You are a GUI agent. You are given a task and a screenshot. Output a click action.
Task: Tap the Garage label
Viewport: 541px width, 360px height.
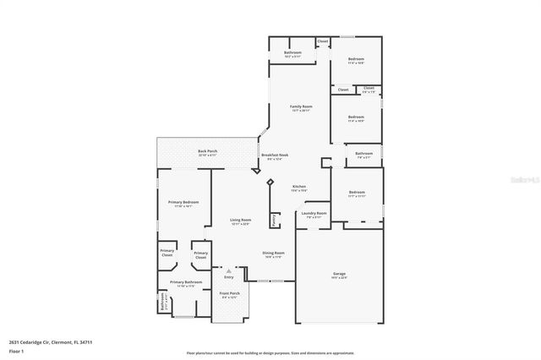click(x=338, y=275)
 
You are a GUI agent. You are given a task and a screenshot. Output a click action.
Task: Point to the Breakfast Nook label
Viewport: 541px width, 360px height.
click(x=276, y=156)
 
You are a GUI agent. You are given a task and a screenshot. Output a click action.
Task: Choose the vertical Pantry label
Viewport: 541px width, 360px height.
click(x=275, y=220)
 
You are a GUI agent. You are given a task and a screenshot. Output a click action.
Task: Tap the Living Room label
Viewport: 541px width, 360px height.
click(x=241, y=221)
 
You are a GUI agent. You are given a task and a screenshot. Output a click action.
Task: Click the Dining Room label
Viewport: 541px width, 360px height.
click(x=273, y=254)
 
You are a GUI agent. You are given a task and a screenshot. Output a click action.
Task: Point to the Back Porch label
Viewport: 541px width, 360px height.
click(x=208, y=153)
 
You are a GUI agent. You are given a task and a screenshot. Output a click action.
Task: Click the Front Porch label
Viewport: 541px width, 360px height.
click(x=230, y=295)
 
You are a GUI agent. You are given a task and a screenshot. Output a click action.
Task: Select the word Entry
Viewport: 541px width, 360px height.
click(x=228, y=277)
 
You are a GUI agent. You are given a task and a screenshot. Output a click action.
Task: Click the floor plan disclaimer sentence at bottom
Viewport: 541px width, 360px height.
click(x=271, y=352)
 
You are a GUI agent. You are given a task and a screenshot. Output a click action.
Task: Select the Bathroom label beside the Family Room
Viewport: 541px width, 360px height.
click(x=293, y=55)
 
